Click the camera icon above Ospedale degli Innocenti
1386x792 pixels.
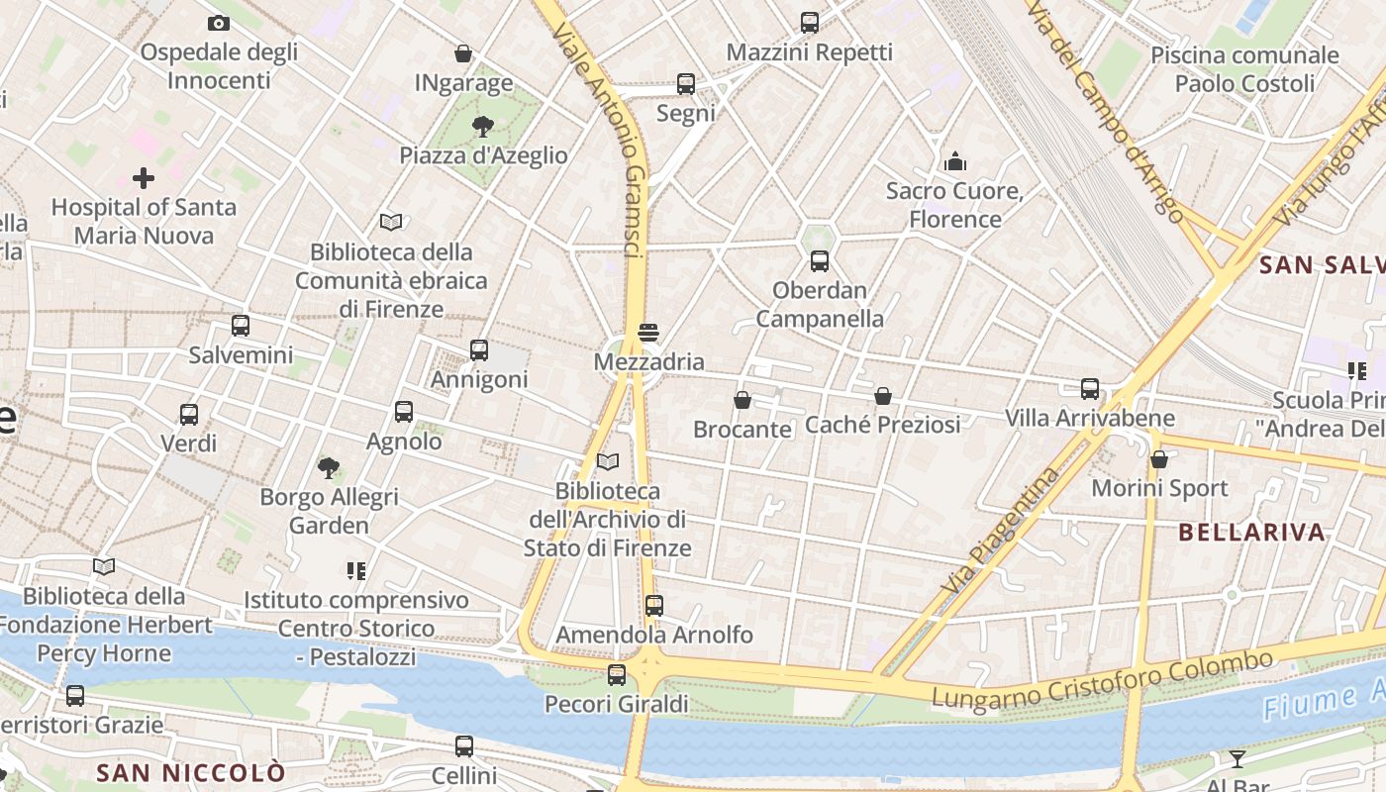pos(219,23)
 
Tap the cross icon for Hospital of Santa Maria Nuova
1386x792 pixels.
pos(144,178)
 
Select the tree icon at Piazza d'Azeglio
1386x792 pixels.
pos(483,126)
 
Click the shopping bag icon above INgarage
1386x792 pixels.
pos(462,53)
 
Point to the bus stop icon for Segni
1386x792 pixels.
pos(685,84)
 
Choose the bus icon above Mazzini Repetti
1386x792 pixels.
pos(810,23)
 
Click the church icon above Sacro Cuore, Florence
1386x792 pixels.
pos(955,160)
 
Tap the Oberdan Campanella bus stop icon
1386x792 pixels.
pos(820,261)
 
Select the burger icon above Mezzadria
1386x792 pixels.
pos(648,333)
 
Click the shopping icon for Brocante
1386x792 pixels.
pos(742,400)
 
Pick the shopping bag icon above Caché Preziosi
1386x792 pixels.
pos(883,396)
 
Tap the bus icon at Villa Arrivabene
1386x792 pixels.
pos(1090,389)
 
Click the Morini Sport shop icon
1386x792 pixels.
pos(1159,459)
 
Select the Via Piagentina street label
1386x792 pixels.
pos(999,532)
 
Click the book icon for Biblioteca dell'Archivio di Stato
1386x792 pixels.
pos(608,462)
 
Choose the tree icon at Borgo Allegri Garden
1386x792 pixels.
pos(329,467)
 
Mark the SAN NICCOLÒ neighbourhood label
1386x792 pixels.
pos(191,772)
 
